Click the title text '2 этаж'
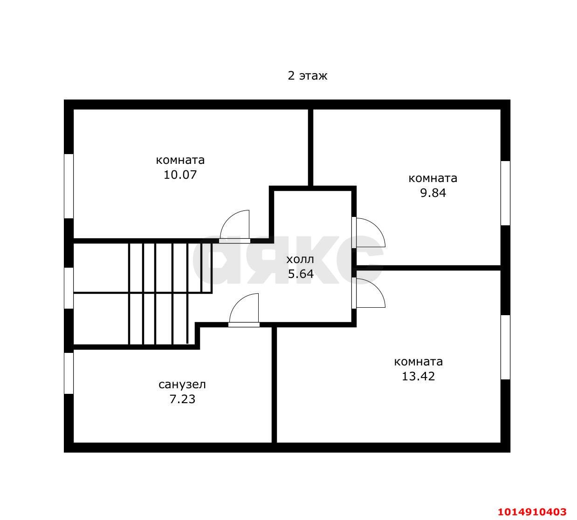tap(307, 76)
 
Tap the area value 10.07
tap(180, 175)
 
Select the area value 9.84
tap(433, 193)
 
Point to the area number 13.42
tap(418, 376)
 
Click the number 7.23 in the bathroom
tap(182, 399)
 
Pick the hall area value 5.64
tap(301, 274)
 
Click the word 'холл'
tap(300, 260)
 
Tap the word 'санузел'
tap(182, 385)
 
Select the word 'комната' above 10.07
tap(180, 160)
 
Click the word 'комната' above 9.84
tap(433, 178)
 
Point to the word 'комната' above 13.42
tap(419, 362)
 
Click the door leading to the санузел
tap(239, 303)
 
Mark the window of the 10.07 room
tap(69, 186)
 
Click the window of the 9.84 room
tap(505, 193)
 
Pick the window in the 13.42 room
tap(505, 347)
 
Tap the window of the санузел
tap(69, 373)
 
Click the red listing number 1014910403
tap(532, 512)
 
